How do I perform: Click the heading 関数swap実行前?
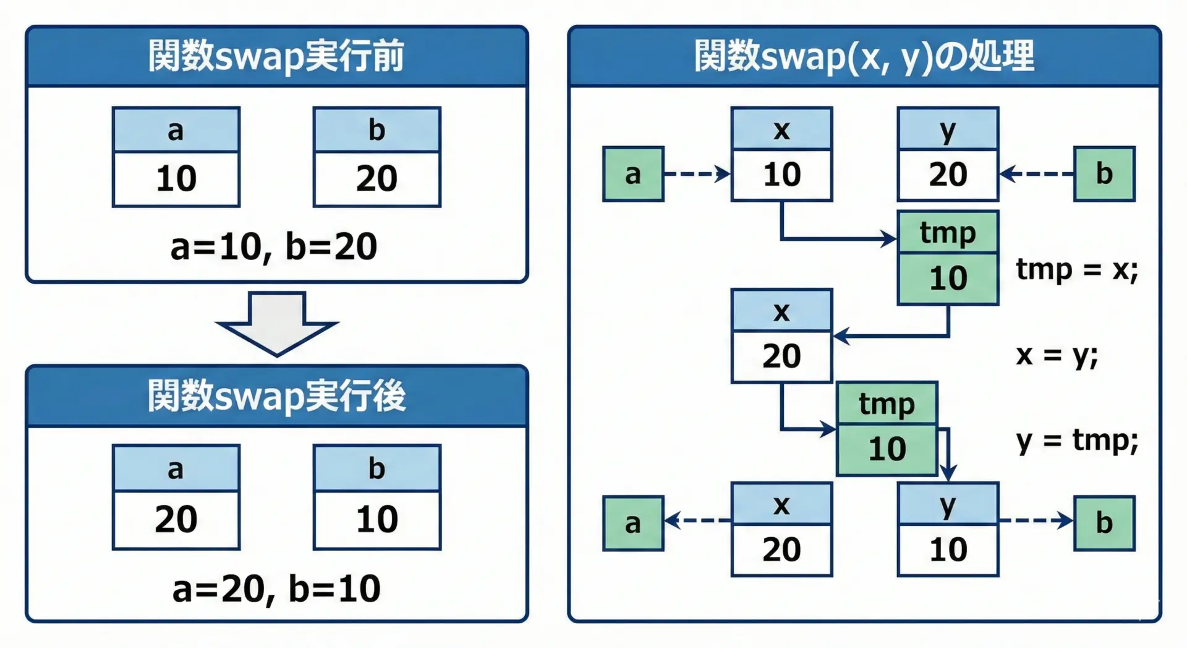(276, 56)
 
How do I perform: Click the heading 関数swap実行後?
(276, 395)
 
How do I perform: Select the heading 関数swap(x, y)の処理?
(864, 56)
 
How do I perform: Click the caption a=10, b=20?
(274, 246)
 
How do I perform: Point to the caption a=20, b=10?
(276, 588)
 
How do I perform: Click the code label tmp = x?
(1076, 270)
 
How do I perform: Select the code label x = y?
(1057, 355)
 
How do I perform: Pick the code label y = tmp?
(1076, 441)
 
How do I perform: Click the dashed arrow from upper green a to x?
(697, 174)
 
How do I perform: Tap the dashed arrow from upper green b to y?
(1036, 174)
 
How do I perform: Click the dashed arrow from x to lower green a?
(697, 520)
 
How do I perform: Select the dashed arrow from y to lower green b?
(1036, 520)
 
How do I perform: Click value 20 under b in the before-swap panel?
(377, 179)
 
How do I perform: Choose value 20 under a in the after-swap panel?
(176, 519)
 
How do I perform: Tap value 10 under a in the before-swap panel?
(176, 179)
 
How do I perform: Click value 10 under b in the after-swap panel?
(377, 519)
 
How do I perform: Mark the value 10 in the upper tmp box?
(948, 279)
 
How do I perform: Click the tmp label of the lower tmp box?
(887, 404)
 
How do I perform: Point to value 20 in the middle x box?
(781, 356)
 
